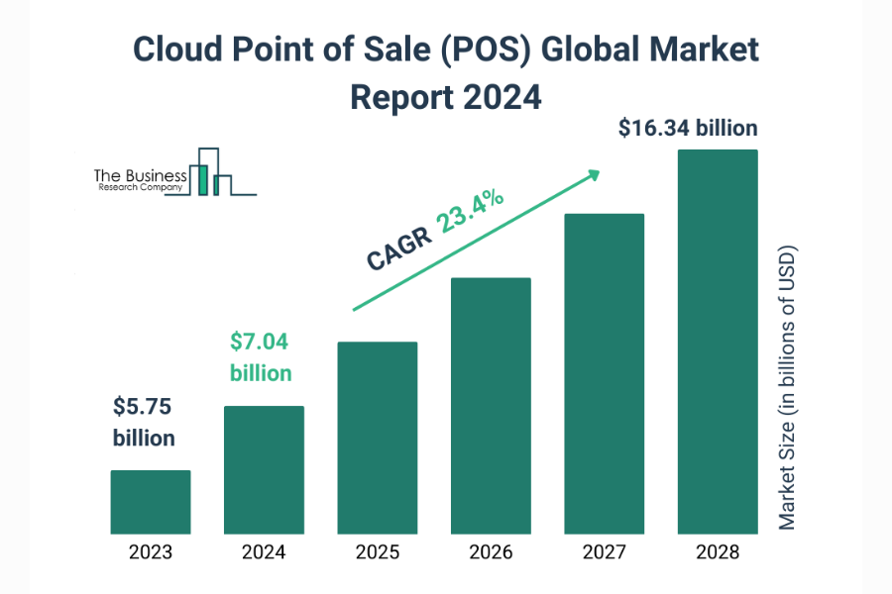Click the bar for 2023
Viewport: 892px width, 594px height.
150,501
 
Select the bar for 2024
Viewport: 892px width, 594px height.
264,469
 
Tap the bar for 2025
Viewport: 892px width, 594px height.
377,437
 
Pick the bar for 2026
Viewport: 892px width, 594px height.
491,405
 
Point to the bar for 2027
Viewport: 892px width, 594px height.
604,372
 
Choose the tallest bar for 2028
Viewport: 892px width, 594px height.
718,341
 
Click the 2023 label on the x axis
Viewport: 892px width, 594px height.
150,552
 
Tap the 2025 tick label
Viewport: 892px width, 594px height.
377,552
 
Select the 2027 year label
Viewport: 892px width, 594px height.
604,552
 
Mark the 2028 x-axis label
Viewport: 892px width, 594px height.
718,552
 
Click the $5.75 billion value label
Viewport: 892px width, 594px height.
144,422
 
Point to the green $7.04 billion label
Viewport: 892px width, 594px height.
261,357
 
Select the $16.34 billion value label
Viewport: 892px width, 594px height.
687,128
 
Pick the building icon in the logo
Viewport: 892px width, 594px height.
213,173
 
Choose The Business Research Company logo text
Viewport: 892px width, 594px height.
140,180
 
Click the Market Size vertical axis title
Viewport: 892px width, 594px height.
787,387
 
